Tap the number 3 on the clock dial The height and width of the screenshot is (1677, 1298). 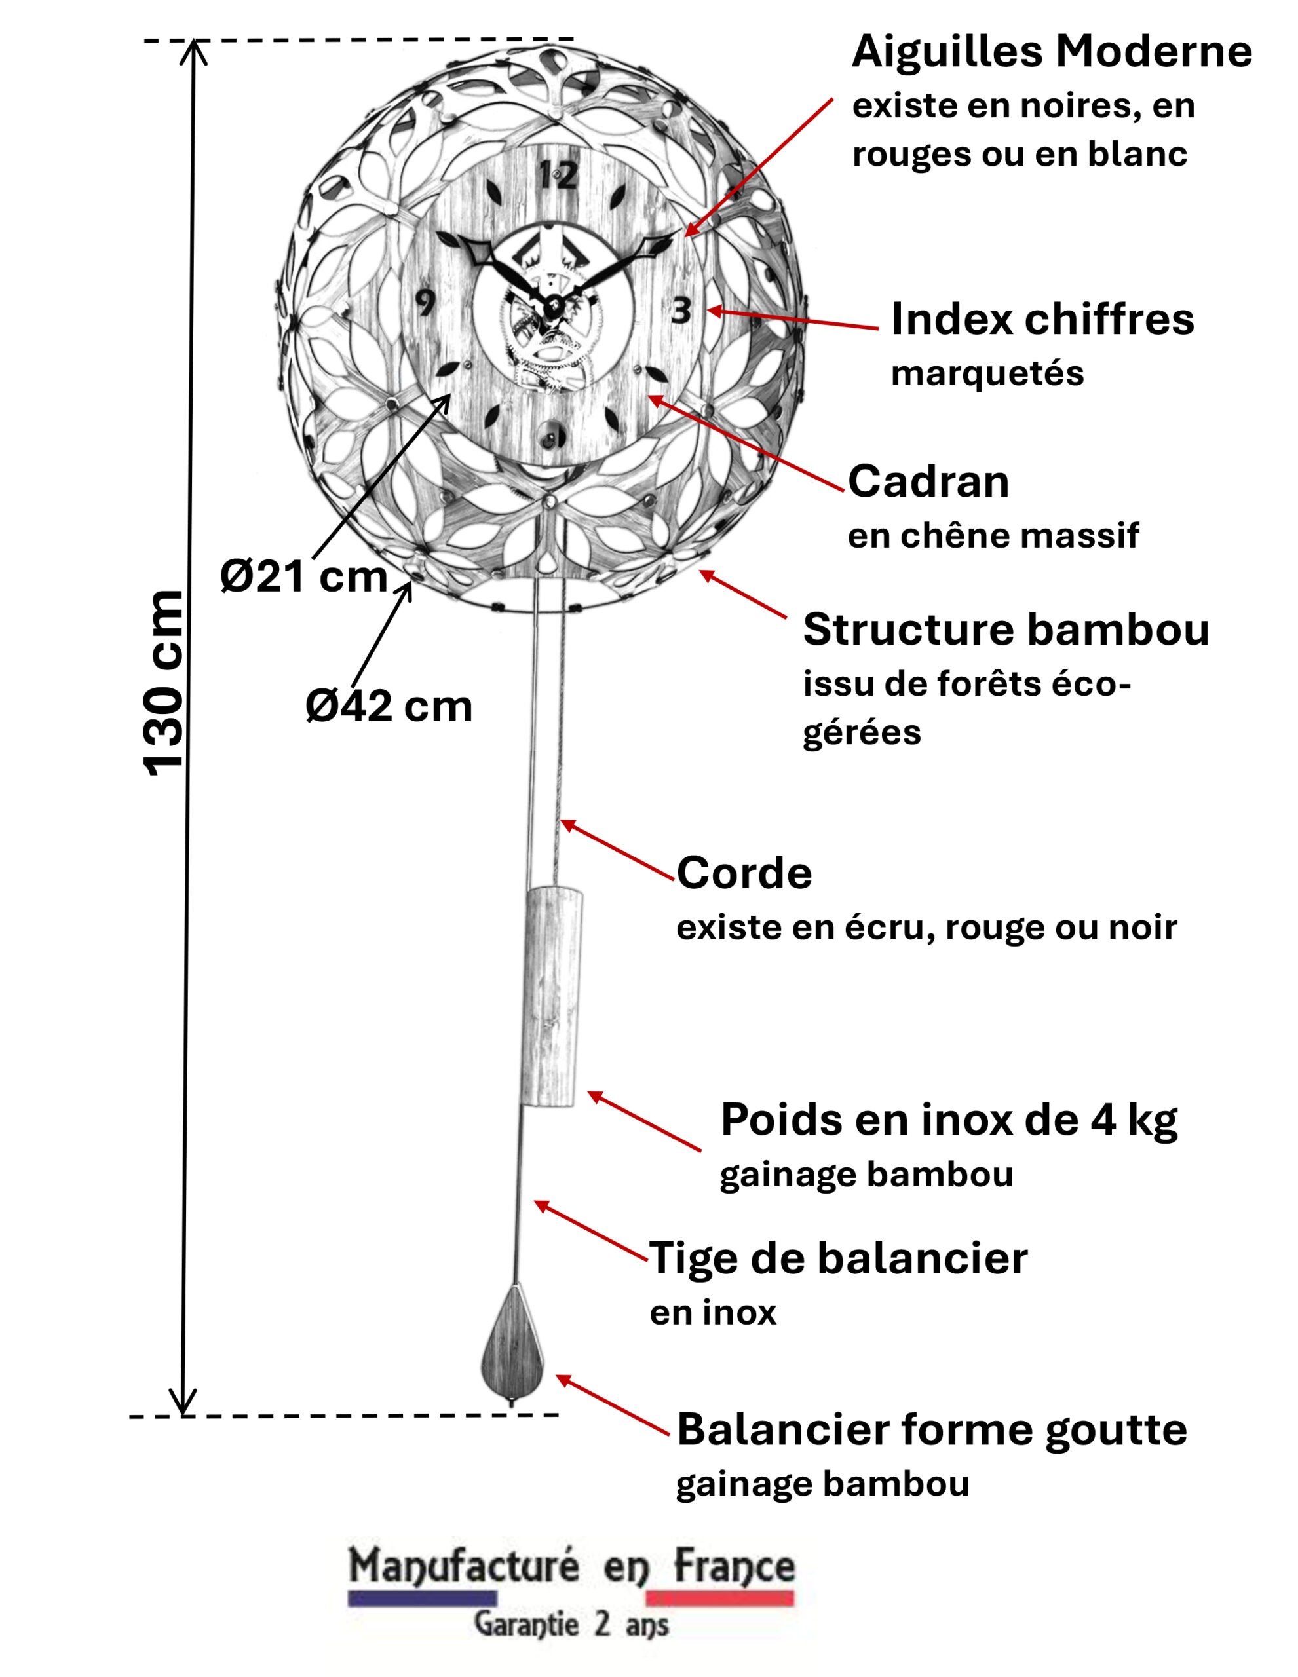pos(681,311)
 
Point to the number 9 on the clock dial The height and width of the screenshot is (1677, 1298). pos(425,304)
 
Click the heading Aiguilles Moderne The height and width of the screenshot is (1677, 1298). pos(1052,52)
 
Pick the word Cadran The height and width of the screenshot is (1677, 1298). pos(928,481)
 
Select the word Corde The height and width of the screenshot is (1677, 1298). pos(744,873)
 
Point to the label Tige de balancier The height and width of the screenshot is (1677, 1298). pos(838,1258)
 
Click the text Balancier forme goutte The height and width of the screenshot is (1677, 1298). pos(932,1430)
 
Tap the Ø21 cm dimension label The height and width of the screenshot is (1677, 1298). pos(303,576)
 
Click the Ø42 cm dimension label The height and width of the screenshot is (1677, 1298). pos(389,706)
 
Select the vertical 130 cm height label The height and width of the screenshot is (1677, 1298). pos(164,683)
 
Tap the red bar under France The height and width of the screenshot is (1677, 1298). pos(719,1598)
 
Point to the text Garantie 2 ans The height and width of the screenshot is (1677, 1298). pos(571,1625)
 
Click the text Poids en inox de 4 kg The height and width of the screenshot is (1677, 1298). pos(949,1120)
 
